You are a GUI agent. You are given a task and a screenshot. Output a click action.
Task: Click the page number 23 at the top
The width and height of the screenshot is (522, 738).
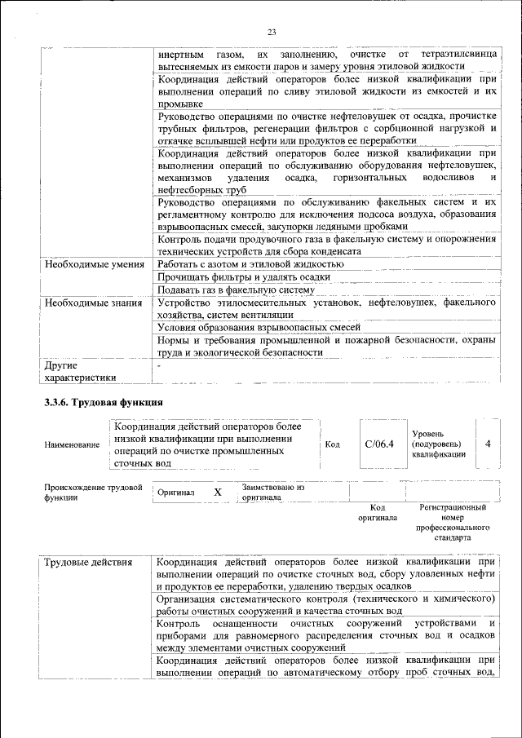[272, 32]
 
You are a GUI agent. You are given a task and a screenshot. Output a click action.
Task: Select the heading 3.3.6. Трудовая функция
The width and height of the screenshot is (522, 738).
[104, 402]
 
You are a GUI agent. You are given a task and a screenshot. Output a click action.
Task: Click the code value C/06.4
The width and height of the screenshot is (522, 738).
[379, 444]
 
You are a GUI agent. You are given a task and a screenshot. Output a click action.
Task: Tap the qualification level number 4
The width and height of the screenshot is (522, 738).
[487, 444]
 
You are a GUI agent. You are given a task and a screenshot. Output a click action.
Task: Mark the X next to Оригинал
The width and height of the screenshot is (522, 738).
[217, 493]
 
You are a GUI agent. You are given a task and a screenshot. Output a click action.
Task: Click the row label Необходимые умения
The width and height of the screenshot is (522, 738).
[94, 263]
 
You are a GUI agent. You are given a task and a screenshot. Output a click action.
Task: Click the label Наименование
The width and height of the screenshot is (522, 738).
[73, 445]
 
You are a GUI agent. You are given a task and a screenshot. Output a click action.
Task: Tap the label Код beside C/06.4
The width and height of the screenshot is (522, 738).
[333, 444]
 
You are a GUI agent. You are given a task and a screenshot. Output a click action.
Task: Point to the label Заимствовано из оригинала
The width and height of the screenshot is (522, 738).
[272, 493]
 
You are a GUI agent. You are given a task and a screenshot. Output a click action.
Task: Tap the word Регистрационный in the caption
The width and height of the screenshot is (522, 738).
[453, 507]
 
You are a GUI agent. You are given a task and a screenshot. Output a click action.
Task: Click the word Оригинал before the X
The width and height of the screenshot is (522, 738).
[176, 493]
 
